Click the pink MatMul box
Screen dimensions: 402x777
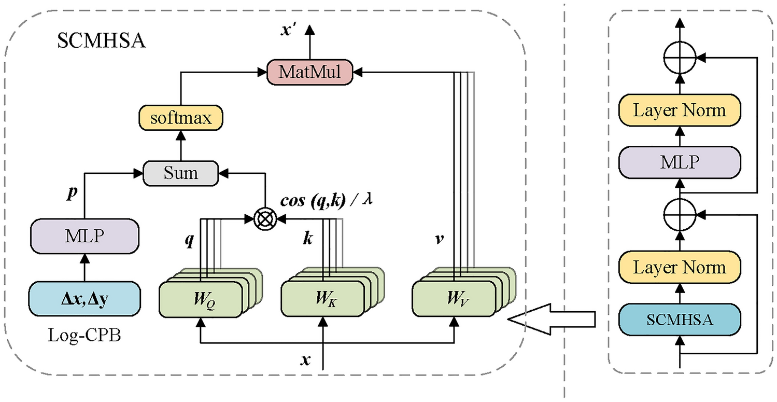pyautogui.click(x=309, y=73)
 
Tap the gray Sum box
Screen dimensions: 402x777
pyautogui.click(x=180, y=172)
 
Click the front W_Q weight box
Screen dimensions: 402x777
pyautogui.click(x=201, y=299)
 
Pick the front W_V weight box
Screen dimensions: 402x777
pyautogui.click(x=454, y=299)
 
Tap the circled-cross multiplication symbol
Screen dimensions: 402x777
pyautogui.click(x=265, y=220)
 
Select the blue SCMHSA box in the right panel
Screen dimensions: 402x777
pyautogui.click(x=680, y=320)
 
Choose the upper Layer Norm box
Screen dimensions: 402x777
pyautogui.click(x=680, y=111)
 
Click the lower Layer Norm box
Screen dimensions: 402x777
pyautogui.click(x=680, y=268)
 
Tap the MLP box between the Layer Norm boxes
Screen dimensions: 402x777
pyautogui.click(x=680, y=163)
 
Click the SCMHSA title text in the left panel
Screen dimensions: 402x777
pyautogui.click(x=102, y=40)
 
